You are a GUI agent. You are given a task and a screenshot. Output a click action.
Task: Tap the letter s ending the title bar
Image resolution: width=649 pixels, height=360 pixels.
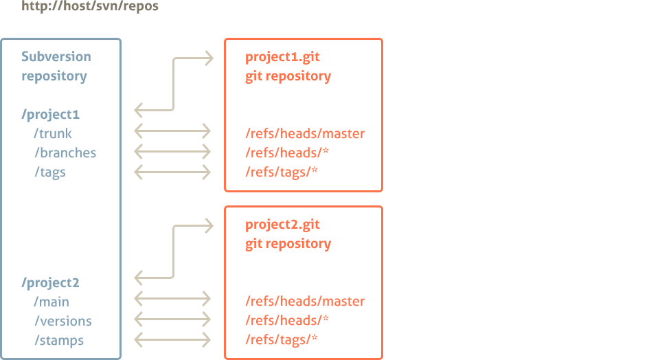tap(155, 7)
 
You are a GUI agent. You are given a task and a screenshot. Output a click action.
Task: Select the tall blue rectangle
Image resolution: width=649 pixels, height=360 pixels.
tap(60, 199)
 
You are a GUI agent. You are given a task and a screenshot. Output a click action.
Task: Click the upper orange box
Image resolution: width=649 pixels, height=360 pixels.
tap(300, 115)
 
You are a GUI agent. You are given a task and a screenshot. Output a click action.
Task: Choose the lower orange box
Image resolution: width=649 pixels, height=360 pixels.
tap(300, 282)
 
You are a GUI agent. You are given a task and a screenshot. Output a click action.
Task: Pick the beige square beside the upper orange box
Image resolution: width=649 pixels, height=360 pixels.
tap(175, 84)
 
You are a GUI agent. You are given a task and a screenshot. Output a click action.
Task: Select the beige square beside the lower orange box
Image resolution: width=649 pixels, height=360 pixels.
tap(175, 251)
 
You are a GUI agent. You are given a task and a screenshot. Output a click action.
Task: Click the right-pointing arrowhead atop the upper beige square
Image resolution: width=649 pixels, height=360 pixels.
tap(209, 58)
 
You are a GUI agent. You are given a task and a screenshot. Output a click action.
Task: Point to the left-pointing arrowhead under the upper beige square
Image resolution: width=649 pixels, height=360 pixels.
tap(138, 110)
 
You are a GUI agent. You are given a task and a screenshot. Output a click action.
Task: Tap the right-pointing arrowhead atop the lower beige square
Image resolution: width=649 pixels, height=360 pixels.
tap(209, 225)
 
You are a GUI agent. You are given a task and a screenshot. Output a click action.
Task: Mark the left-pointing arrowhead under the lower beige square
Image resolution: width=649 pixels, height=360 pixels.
tap(138, 278)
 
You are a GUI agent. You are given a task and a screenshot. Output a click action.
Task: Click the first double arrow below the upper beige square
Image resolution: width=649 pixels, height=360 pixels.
tap(172, 131)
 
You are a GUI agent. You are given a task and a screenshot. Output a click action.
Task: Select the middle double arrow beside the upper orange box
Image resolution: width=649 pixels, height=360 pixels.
tap(172, 151)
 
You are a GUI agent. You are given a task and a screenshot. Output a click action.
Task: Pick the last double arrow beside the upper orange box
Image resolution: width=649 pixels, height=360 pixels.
tap(172, 172)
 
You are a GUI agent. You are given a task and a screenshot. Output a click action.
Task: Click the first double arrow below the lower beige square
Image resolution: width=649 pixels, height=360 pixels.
tap(172, 298)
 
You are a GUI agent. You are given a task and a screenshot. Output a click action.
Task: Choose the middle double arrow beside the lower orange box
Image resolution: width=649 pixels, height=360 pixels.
tap(172, 319)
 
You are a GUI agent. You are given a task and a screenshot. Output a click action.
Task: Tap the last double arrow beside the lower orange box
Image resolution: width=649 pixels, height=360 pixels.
tap(172, 339)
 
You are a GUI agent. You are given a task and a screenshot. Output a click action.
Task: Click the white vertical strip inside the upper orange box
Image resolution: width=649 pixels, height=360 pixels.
tap(378, 115)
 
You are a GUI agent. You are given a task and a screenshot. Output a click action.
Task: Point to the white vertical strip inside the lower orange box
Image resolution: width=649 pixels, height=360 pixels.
tap(378, 282)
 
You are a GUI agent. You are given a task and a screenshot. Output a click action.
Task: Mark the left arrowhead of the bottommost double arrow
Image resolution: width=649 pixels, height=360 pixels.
tap(138, 339)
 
